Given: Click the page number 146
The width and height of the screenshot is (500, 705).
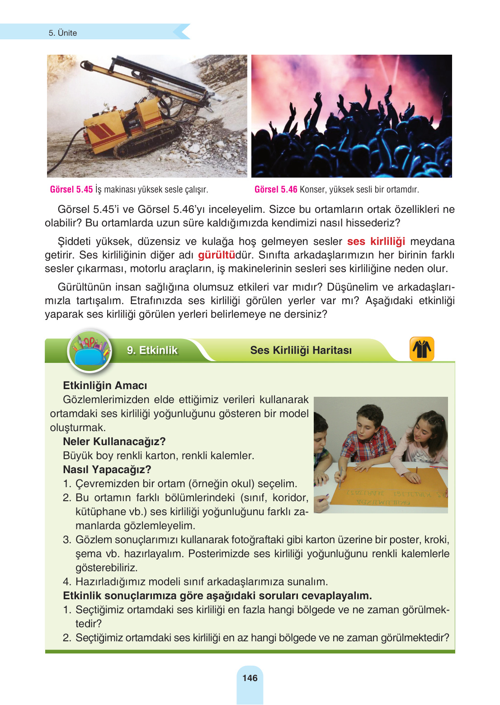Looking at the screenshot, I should pyautogui.click(x=250, y=678).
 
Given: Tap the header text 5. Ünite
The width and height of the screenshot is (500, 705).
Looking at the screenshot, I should pyautogui.click(x=63, y=33).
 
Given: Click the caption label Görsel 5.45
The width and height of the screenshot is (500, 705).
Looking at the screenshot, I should pyautogui.click(x=71, y=189).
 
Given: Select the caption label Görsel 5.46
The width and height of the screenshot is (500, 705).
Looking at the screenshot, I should pyautogui.click(x=276, y=189).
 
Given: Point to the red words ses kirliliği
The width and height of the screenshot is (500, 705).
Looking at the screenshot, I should pyautogui.click(x=376, y=241).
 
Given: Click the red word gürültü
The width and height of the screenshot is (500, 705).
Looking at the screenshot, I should pyautogui.click(x=217, y=255).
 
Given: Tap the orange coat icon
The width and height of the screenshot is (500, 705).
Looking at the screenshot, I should pyautogui.click(x=421, y=349).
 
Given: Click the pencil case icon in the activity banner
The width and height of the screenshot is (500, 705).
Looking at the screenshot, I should pyautogui.click(x=90, y=351).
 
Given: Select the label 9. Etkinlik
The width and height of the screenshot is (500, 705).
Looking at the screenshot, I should pyautogui.click(x=152, y=350).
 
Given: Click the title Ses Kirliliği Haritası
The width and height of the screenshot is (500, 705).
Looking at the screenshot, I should pyautogui.click(x=301, y=350).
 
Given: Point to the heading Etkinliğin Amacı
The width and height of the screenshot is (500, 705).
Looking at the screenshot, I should pyautogui.click(x=105, y=385).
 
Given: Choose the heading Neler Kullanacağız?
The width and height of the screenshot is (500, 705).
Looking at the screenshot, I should pyautogui.click(x=114, y=442).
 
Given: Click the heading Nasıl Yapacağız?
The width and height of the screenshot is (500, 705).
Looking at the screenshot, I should pyautogui.click(x=107, y=470).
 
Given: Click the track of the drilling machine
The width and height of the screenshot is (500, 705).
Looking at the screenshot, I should pyautogui.click(x=149, y=142).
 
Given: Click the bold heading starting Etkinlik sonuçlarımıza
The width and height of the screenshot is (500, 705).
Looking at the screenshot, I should pyautogui.click(x=217, y=596).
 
